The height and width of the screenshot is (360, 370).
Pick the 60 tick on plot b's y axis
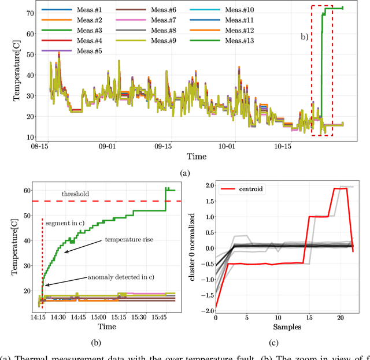click(25, 190)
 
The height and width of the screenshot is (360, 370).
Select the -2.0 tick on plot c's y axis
click(205, 308)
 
